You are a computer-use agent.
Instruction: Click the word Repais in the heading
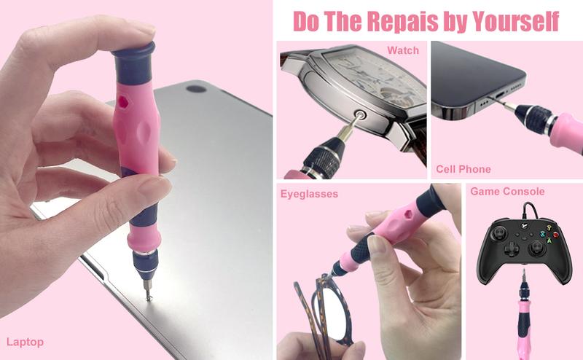(403, 21)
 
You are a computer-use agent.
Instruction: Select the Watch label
(403, 50)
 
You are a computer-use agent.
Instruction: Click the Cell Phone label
(463, 169)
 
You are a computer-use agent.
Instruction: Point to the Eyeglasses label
(309, 194)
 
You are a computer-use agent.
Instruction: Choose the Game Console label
(507, 192)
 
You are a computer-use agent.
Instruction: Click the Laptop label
(25, 342)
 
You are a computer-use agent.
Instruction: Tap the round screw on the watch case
(360, 114)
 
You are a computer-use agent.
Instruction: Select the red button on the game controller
(556, 235)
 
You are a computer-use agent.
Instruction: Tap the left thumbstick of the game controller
(498, 233)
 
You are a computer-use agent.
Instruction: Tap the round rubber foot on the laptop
(196, 89)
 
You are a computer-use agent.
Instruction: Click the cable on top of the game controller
(531, 210)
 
